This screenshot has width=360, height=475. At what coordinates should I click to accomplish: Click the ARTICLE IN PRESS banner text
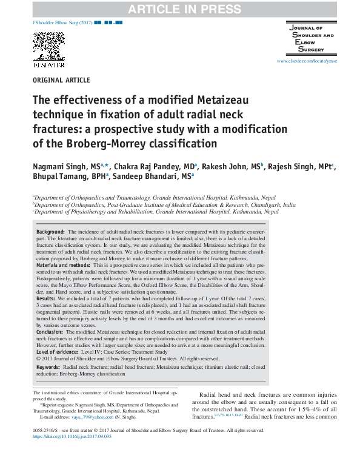point(179,8)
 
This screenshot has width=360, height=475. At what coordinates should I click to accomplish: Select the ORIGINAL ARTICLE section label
point(61,81)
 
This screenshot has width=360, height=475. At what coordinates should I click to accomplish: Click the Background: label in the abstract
point(50,232)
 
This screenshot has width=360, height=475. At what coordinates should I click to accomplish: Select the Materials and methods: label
point(64,266)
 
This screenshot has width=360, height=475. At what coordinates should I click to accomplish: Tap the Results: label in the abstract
point(46,299)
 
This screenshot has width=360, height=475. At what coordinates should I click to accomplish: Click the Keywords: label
point(48,367)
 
